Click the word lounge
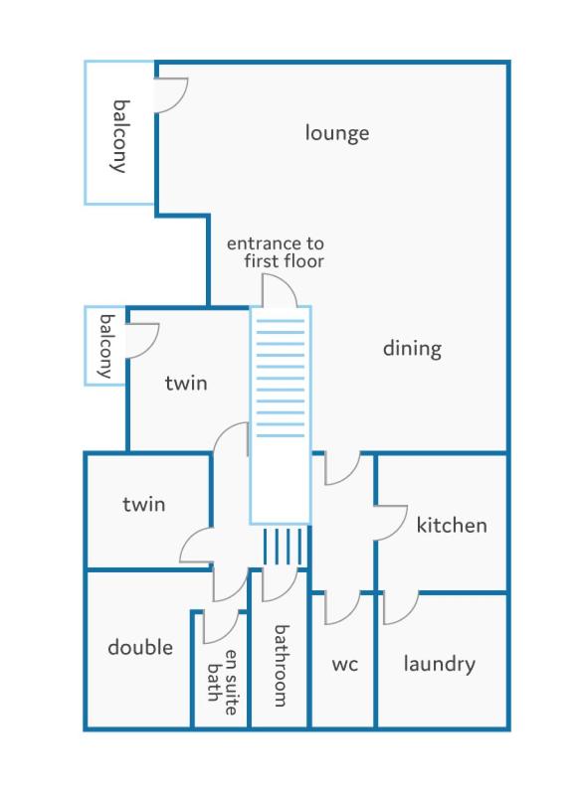pos(337,133)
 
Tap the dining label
pos(412,349)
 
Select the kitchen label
pos(452,525)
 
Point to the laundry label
pos(440,664)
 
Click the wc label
pos(344,665)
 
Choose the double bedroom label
pos(140,647)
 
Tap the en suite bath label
pos(223,683)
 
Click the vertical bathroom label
pos(282,666)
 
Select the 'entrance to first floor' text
pos(275,252)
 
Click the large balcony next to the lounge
pos(119,133)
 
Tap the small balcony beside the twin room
pos(105,346)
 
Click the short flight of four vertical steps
pos(286,547)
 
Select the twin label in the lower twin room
pos(144,504)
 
